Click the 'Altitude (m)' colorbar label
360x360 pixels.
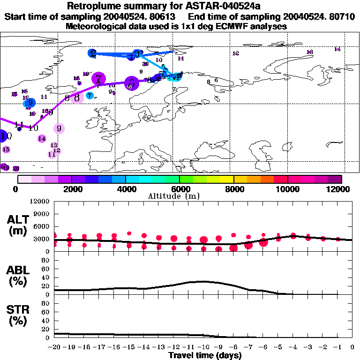[x=180, y=196]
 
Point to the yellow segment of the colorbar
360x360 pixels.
[x=227, y=179]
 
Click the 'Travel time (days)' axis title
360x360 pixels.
[x=205, y=356]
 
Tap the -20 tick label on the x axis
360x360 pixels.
[x=54, y=347]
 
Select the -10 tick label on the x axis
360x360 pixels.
[x=203, y=347]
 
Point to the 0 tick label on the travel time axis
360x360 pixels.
[x=352, y=347]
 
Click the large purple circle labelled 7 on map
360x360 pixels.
[x=98, y=79]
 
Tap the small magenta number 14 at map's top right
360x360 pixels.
[x=337, y=49]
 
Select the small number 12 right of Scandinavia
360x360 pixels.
[x=236, y=53]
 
